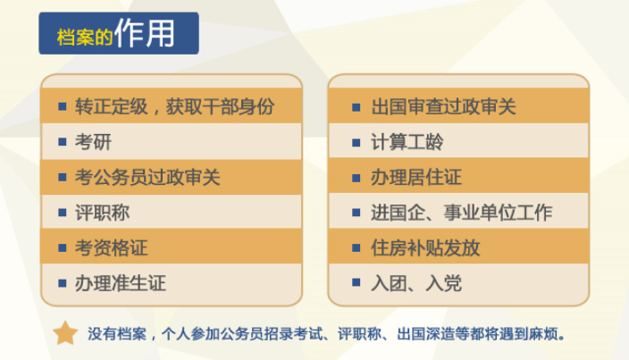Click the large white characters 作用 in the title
[145, 33]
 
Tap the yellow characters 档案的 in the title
[85, 38]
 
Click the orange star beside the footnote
[65, 333]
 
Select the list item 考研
[93, 142]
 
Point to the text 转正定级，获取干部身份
[174, 106]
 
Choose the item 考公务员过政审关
[147, 177]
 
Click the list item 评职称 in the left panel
[102, 213]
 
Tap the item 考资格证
[111, 247]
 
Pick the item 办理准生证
[121, 283]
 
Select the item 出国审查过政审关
[443, 106]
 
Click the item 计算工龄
[407, 142]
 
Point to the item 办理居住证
[416, 177]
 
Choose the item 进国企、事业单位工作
[461, 213]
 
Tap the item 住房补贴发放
[425, 247]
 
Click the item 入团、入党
[416, 283]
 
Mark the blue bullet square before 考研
[63, 142]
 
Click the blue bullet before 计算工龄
[356, 142]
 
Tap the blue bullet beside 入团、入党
[356, 282]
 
